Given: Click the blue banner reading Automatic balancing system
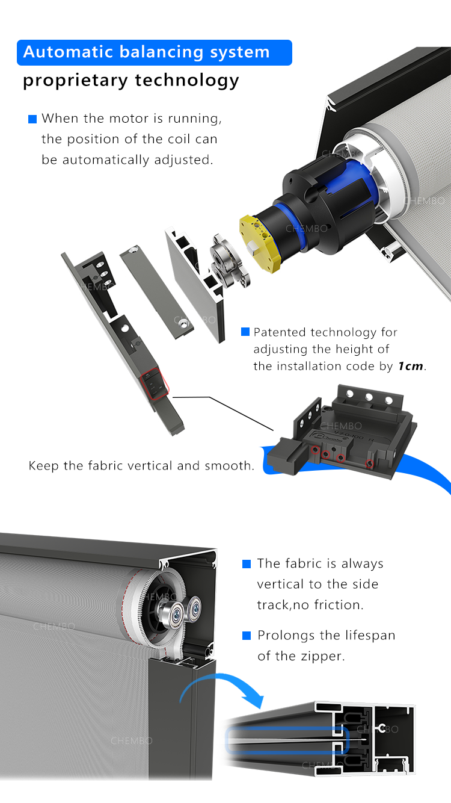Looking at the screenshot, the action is point(155,53).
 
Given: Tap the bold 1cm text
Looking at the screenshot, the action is point(411,366).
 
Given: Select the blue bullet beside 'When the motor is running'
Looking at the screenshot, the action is point(32,119).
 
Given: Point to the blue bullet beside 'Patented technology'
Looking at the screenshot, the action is point(245,332).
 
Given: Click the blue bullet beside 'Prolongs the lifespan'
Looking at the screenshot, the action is point(247,636).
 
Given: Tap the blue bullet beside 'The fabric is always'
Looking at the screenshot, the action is point(247,564).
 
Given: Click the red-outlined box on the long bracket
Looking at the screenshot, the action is point(155,383).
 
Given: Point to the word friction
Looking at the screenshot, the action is point(339,605).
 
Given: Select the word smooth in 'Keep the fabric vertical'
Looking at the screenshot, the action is point(229,466).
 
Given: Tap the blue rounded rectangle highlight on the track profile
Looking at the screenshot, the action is point(287,740).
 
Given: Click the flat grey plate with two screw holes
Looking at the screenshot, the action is point(156,292).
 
